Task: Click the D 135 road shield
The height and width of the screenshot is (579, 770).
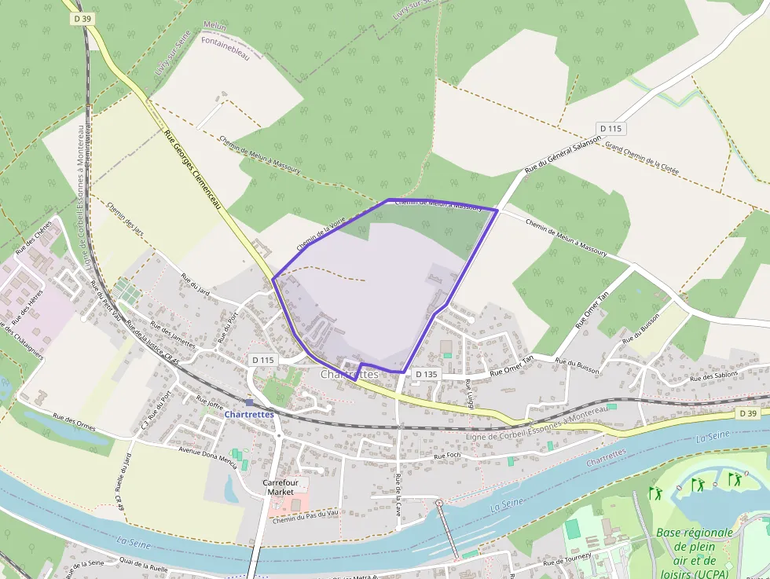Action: coord(426,375)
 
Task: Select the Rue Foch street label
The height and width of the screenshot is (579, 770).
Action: coord(446,456)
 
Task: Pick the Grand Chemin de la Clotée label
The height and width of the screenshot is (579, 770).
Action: coord(641,159)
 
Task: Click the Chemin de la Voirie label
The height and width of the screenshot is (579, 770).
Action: coord(321,234)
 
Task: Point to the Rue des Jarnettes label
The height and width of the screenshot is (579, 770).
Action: coord(172,335)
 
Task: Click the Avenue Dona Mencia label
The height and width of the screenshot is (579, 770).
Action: coord(208,456)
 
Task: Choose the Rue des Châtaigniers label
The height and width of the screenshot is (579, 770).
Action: coord(23,341)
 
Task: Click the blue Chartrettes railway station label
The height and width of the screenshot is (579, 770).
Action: coord(248,414)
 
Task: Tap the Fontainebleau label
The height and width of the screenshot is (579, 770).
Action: coord(225,49)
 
